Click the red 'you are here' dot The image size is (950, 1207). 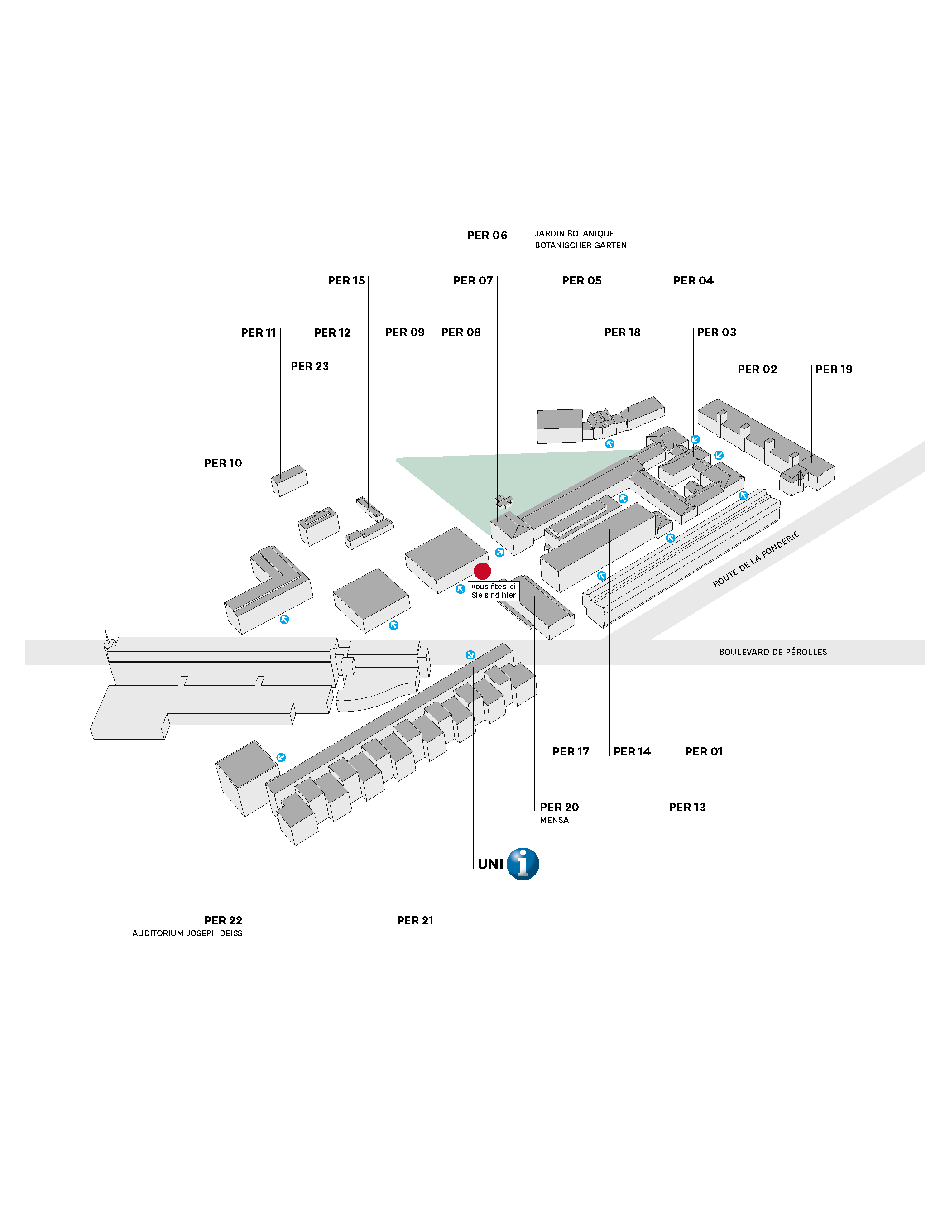click(x=482, y=571)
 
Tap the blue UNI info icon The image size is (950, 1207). click(x=523, y=864)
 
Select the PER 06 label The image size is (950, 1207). click(x=487, y=235)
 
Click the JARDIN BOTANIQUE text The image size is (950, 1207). click(x=574, y=234)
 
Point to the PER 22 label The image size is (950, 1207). click(x=223, y=921)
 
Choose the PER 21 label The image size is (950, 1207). click(x=415, y=921)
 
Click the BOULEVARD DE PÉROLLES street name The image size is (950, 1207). click(x=772, y=652)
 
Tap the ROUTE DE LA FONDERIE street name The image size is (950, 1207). click(x=756, y=558)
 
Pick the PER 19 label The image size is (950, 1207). click(x=834, y=369)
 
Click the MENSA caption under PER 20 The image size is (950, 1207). click(x=554, y=820)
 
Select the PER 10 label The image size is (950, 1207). click(x=223, y=463)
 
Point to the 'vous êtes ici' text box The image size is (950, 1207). click(x=494, y=591)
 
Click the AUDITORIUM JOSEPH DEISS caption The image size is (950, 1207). click(x=187, y=933)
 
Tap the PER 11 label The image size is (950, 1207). click(x=258, y=332)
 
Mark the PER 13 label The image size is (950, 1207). click(x=687, y=807)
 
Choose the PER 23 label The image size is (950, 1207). click(x=310, y=366)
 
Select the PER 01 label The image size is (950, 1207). click(x=704, y=751)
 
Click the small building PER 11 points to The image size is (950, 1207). click(x=289, y=481)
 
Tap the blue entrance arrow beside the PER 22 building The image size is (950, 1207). click(x=281, y=758)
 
